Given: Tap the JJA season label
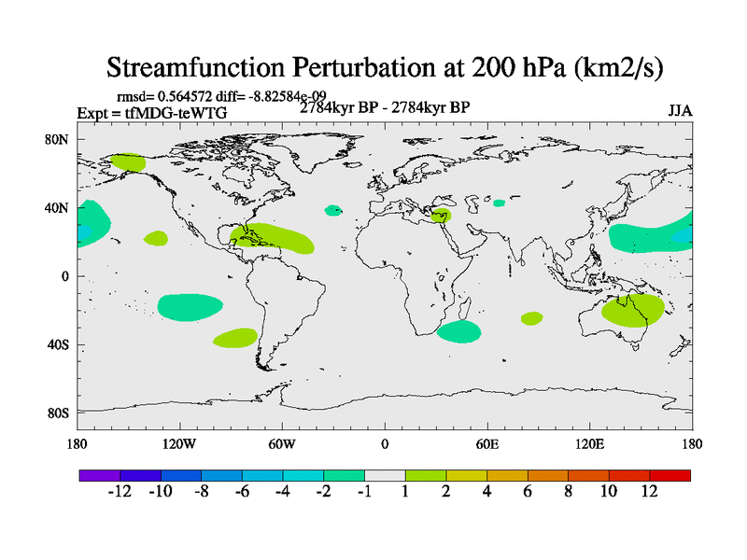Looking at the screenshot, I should point(680,111).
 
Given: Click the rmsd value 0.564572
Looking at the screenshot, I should point(191,97).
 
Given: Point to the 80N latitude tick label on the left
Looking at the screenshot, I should point(58,140).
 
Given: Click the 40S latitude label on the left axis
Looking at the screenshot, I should point(58,344).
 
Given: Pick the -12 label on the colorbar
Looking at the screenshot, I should point(120,492).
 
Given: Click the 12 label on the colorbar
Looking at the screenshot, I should point(650,492).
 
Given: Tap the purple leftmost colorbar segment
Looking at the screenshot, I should point(99,475).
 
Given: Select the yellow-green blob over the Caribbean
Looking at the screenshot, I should point(275,238).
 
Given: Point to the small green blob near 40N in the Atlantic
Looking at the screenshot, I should point(333,211).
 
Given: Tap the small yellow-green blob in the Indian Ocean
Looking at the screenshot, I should point(531,318).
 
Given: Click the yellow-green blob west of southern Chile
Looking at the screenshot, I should point(235,338).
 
